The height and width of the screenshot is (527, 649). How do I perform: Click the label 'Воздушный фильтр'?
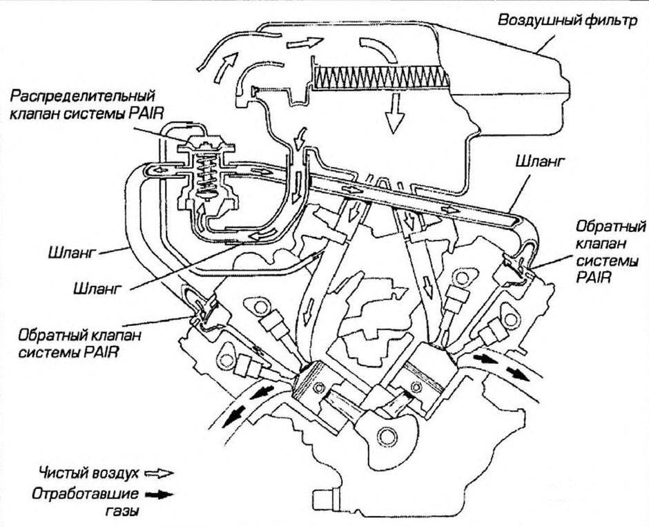pos(568,20)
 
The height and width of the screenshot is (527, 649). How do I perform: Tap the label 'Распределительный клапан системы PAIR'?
pos(86,105)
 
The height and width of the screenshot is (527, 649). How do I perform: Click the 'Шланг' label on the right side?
pos(540,162)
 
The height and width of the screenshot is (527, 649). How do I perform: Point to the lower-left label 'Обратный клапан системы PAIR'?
pos(79,343)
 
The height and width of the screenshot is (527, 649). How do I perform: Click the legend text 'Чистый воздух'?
pos(88,472)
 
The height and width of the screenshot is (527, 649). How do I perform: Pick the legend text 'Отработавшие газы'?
pos(85,501)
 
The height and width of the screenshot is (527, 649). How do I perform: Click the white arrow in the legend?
pos(159,473)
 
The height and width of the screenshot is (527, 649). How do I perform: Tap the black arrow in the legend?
pos(159,495)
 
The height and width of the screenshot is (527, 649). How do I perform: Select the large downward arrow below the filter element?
pos(394,113)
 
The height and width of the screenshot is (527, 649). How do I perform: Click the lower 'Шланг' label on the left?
pos(97,288)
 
